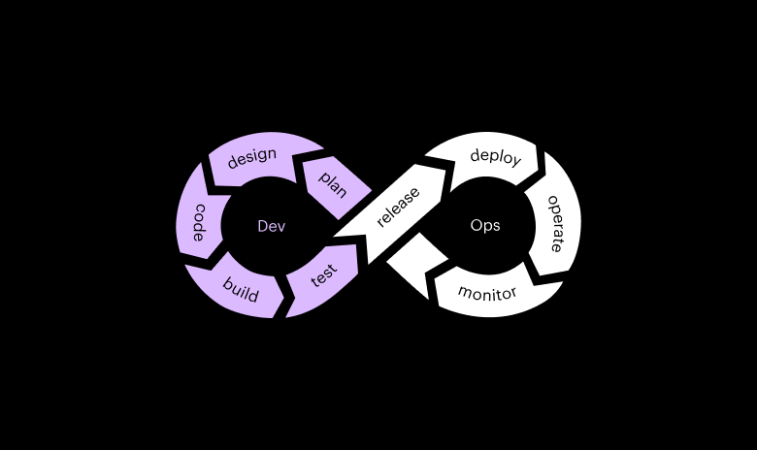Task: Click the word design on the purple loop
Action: pos(252,157)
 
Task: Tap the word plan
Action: pos(333,182)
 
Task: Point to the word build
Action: pos(240,289)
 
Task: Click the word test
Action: pos(323,275)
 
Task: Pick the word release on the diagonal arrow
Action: pos(398,207)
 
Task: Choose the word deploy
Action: pos(495,156)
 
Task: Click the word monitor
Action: pos(487,293)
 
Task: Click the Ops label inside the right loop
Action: pos(485,225)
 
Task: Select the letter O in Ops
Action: pos(476,225)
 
